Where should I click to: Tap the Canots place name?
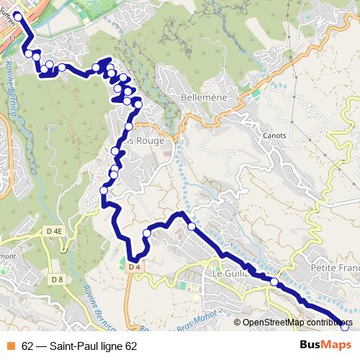tap(274, 135)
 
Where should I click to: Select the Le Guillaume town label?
tap(230, 274)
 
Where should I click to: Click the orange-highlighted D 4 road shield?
tap(132, 267)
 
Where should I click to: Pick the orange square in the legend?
tap(10, 346)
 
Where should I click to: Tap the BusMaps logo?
tap(325, 345)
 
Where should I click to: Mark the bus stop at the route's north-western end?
tap(17, 14)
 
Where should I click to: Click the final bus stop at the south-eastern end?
tap(344, 327)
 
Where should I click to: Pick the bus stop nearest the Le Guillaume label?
tap(274, 282)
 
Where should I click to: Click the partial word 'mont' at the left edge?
tap(7, 256)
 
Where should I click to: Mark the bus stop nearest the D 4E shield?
tap(104, 190)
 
